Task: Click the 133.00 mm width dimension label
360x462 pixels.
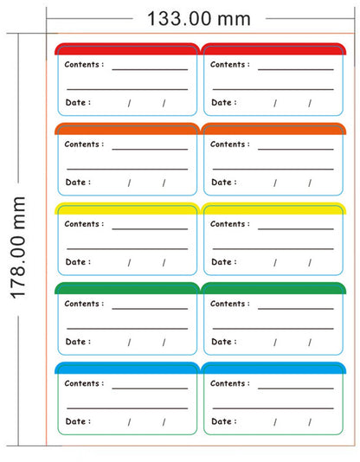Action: [199, 18]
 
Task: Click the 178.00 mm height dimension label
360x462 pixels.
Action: [18, 247]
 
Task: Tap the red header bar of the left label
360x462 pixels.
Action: [127, 49]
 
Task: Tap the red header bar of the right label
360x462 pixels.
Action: [273, 49]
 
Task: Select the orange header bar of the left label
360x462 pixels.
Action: [127, 129]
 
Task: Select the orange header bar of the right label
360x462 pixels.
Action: [273, 129]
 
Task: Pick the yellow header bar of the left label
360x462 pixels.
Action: [127, 209]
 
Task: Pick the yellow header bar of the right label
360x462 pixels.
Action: [273, 209]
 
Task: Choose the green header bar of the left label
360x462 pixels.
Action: [127, 288]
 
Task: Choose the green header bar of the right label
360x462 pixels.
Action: [273, 288]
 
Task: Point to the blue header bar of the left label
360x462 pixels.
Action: [127, 368]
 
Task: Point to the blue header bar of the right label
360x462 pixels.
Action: [273, 368]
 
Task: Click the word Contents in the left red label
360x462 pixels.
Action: [82, 65]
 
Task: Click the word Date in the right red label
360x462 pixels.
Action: [222, 103]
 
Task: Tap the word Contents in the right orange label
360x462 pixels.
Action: [228, 144]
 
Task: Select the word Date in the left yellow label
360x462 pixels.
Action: [75, 262]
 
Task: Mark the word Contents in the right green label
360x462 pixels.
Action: [228, 304]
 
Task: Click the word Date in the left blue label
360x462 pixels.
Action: [75, 421]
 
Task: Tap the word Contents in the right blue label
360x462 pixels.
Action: [228, 383]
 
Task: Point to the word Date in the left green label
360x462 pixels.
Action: [75, 342]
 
